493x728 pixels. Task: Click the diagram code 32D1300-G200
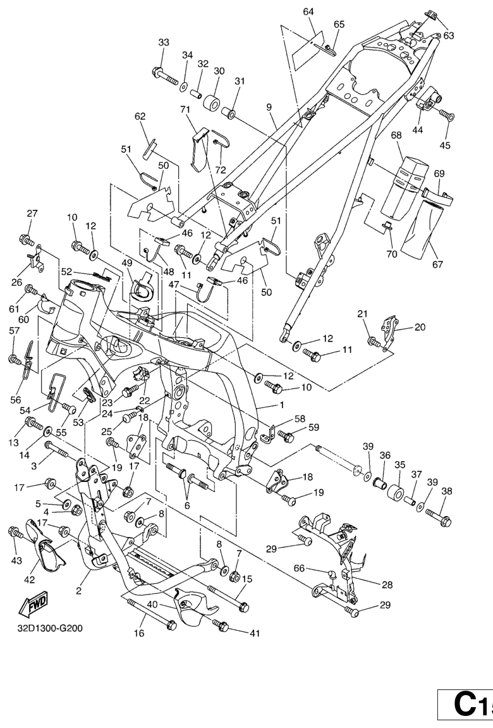click(x=50, y=628)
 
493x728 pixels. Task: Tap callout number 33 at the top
click(x=164, y=42)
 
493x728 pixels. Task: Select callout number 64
click(x=308, y=12)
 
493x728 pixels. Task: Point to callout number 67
click(x=437, y=264)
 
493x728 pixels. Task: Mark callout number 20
click(x=420, y=327)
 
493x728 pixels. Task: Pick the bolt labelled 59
click(x=285, y=436)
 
